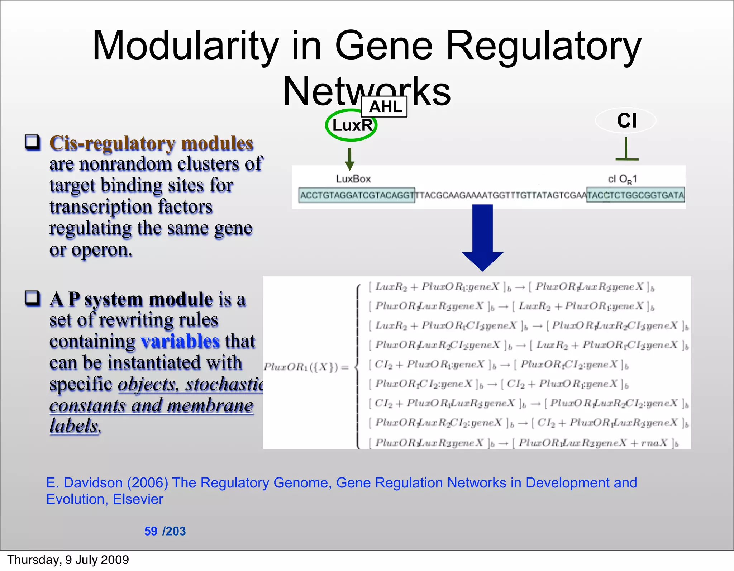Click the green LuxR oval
tap(351, 125)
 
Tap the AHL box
tap(384, 107)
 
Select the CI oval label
tap(626, 120)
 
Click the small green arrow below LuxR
tap(349, 159)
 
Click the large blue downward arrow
tap(482, 237)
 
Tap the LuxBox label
tap(353, 179)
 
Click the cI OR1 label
tap(622, 179)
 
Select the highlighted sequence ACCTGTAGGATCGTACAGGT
tap(357, 195)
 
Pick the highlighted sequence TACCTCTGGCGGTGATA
tap(635, 195)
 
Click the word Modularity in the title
tap(185, 46)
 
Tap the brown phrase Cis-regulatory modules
tap(151, 143)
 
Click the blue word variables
tap(180, 341)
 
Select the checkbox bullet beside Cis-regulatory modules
tap(32, 142)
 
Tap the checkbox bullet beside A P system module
tap(32, 298)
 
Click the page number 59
tap(151, 531)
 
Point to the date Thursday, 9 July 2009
tap(68, 560)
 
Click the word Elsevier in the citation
tap(138, 499)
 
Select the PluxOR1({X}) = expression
tap(306, 367)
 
